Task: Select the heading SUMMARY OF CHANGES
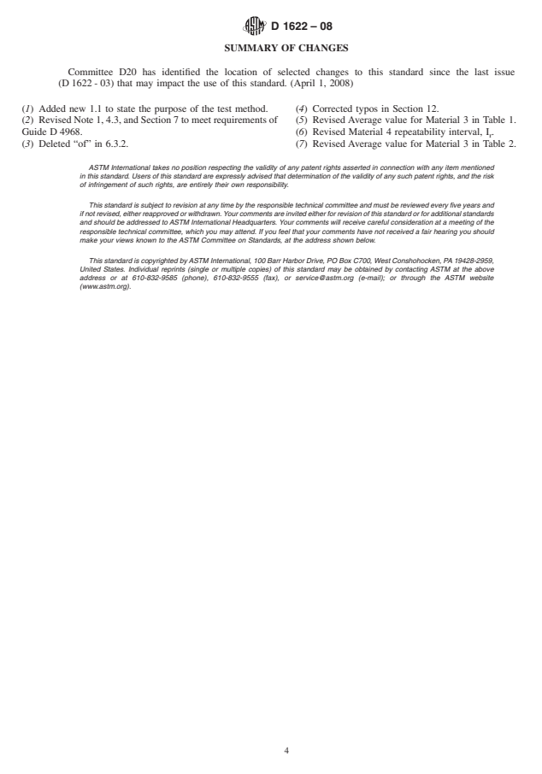pyautogui.click(x=270, y=48)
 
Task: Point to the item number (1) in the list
pyautogui.click(x=27, y=109)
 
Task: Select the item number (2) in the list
pyautogui.click(x=27, y=120)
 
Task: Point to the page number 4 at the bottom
pyautogui.click(x=270, y=728)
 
